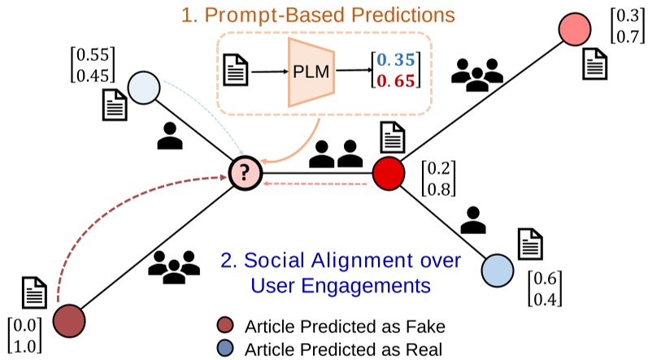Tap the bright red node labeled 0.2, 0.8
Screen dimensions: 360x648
[x=389, y=172]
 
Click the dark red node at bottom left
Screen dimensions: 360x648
[x=69, y=321]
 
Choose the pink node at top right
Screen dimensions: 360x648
[x=576, y=30]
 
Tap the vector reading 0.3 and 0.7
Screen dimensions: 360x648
[x=625, y=24]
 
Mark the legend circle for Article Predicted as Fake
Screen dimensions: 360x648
[x=227, y=326]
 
